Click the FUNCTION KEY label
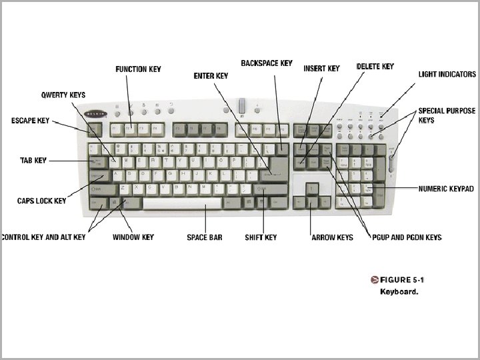138,69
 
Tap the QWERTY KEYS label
63,95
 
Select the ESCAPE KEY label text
30,121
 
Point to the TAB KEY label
32,161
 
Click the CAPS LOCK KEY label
41,201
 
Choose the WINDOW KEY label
133,237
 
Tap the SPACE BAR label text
205,237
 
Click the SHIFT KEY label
261,237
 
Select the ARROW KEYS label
333,237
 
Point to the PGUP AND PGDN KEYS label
407,237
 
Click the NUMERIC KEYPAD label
446,189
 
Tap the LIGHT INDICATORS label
447,75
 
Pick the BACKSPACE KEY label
267,63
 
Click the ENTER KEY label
211,76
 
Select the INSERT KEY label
321,69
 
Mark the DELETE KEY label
375,67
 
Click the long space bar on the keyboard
181,203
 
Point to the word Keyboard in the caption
399,291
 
